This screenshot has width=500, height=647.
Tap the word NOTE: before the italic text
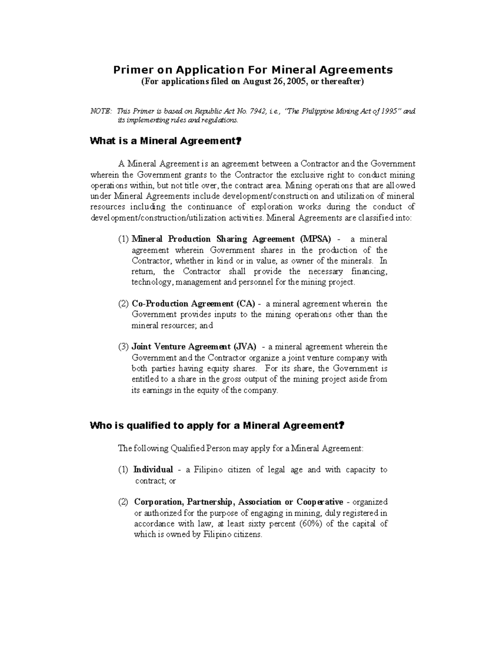(x=101, y=111)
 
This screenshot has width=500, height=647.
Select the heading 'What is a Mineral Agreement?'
(x=165, y=141)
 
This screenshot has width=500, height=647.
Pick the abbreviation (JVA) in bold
(x=245, y=347)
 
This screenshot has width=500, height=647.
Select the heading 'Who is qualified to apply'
(x=217, y=426)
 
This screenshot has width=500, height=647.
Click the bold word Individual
(x=153, y=470)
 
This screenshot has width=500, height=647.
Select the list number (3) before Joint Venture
(x=123, y=347)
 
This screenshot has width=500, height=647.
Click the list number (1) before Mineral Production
(x=123, y=239)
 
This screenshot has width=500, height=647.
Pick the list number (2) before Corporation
(x=123, y=502)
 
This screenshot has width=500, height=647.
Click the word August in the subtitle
(x=257, y=82)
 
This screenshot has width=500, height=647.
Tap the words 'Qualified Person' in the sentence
(x=195, y=448)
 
